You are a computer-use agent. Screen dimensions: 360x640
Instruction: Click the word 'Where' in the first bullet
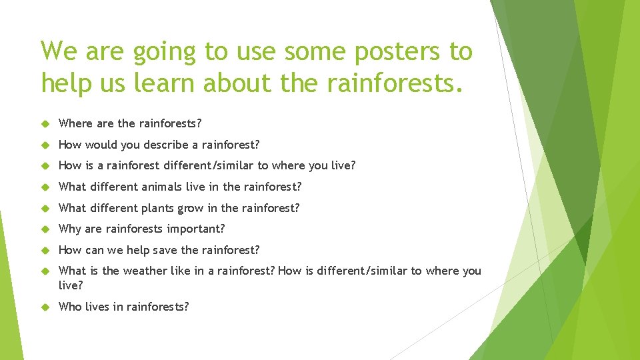(x=75, y=123)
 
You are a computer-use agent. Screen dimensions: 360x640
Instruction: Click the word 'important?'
(x=197, y=229)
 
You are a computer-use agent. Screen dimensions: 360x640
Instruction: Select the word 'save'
(x=165, y=250)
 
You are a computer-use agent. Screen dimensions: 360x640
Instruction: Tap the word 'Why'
(x=70, y=229)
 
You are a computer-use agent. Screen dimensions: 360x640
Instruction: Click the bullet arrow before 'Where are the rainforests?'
(x=45, y=123)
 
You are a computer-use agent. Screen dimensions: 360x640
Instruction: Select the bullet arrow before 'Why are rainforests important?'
(x=45, y=229)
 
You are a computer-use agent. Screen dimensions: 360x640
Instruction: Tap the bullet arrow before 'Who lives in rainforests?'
(x=45, y=307)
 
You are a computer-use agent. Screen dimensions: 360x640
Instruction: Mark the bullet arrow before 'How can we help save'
(x=45, y=250)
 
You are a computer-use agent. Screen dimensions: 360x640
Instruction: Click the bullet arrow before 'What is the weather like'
(x=45, y=271)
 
